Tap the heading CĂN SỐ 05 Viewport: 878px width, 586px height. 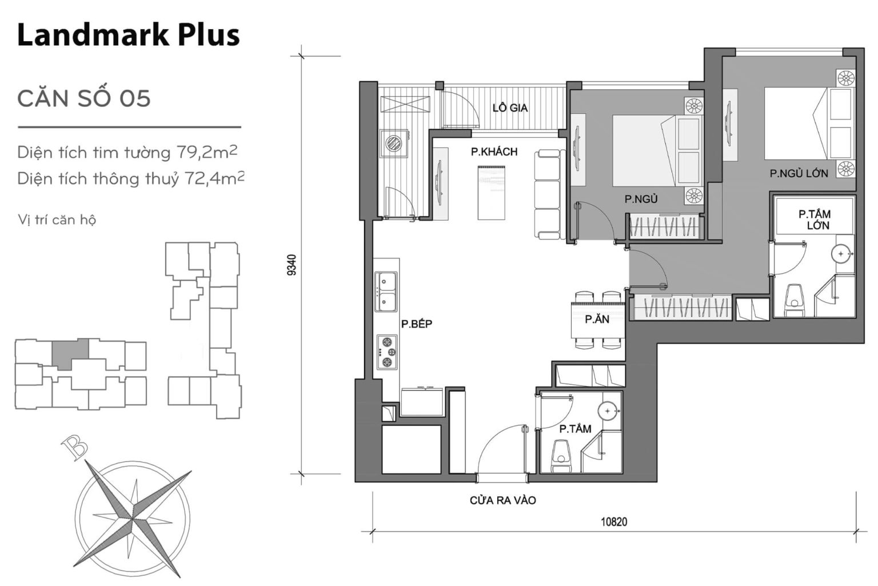coord(84,98)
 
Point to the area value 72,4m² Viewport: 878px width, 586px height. coord(214,178)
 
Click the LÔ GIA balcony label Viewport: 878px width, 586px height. coord(510,107)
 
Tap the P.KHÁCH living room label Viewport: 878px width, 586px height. coord(494,152)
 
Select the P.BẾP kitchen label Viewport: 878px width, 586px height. coord(417,324)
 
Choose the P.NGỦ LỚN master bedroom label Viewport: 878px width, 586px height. coord(799,173)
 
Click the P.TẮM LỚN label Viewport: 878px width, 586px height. coord(815,220)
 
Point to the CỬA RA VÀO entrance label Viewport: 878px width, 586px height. coord(502,501)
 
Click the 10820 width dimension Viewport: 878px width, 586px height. coord(614,521)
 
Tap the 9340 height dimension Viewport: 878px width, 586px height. coord(292,265)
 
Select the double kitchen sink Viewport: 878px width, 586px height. coord(387,292)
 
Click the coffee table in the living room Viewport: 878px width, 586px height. coord(492,192)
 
